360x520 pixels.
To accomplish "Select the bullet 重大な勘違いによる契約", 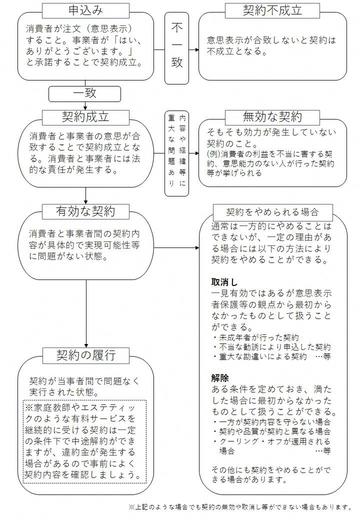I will (x=262, y=354).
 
